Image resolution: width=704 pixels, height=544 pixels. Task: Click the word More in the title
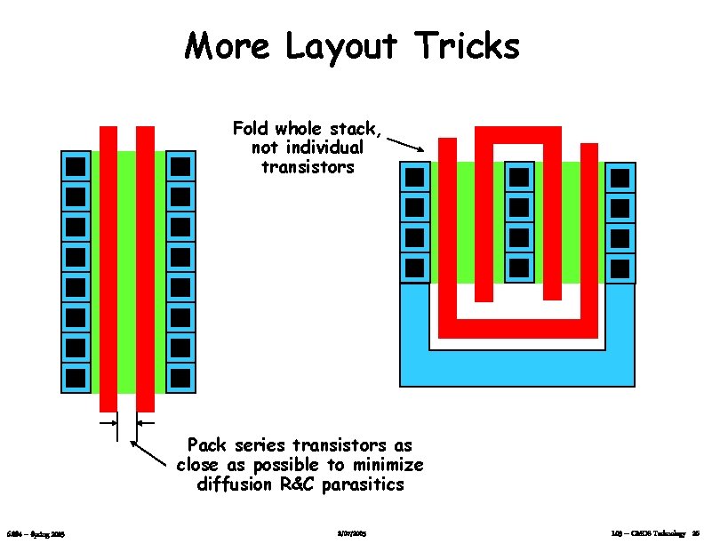[x=228, y=45]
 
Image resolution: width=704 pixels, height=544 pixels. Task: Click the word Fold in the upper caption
[x=252, y=129]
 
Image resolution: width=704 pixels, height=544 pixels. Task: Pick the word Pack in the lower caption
[x=206, y=444]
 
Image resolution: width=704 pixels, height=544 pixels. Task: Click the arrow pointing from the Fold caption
[x=410, y=144]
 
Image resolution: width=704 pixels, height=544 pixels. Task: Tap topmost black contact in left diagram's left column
[x=76, y=166]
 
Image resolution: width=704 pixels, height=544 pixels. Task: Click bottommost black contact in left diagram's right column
[x=180, y=378]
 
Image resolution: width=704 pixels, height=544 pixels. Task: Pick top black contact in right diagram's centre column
[x=519, y=177]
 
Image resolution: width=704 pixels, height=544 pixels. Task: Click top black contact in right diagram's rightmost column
[x=620, y=178]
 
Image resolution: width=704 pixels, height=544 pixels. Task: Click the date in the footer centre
[x=352, y=533]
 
